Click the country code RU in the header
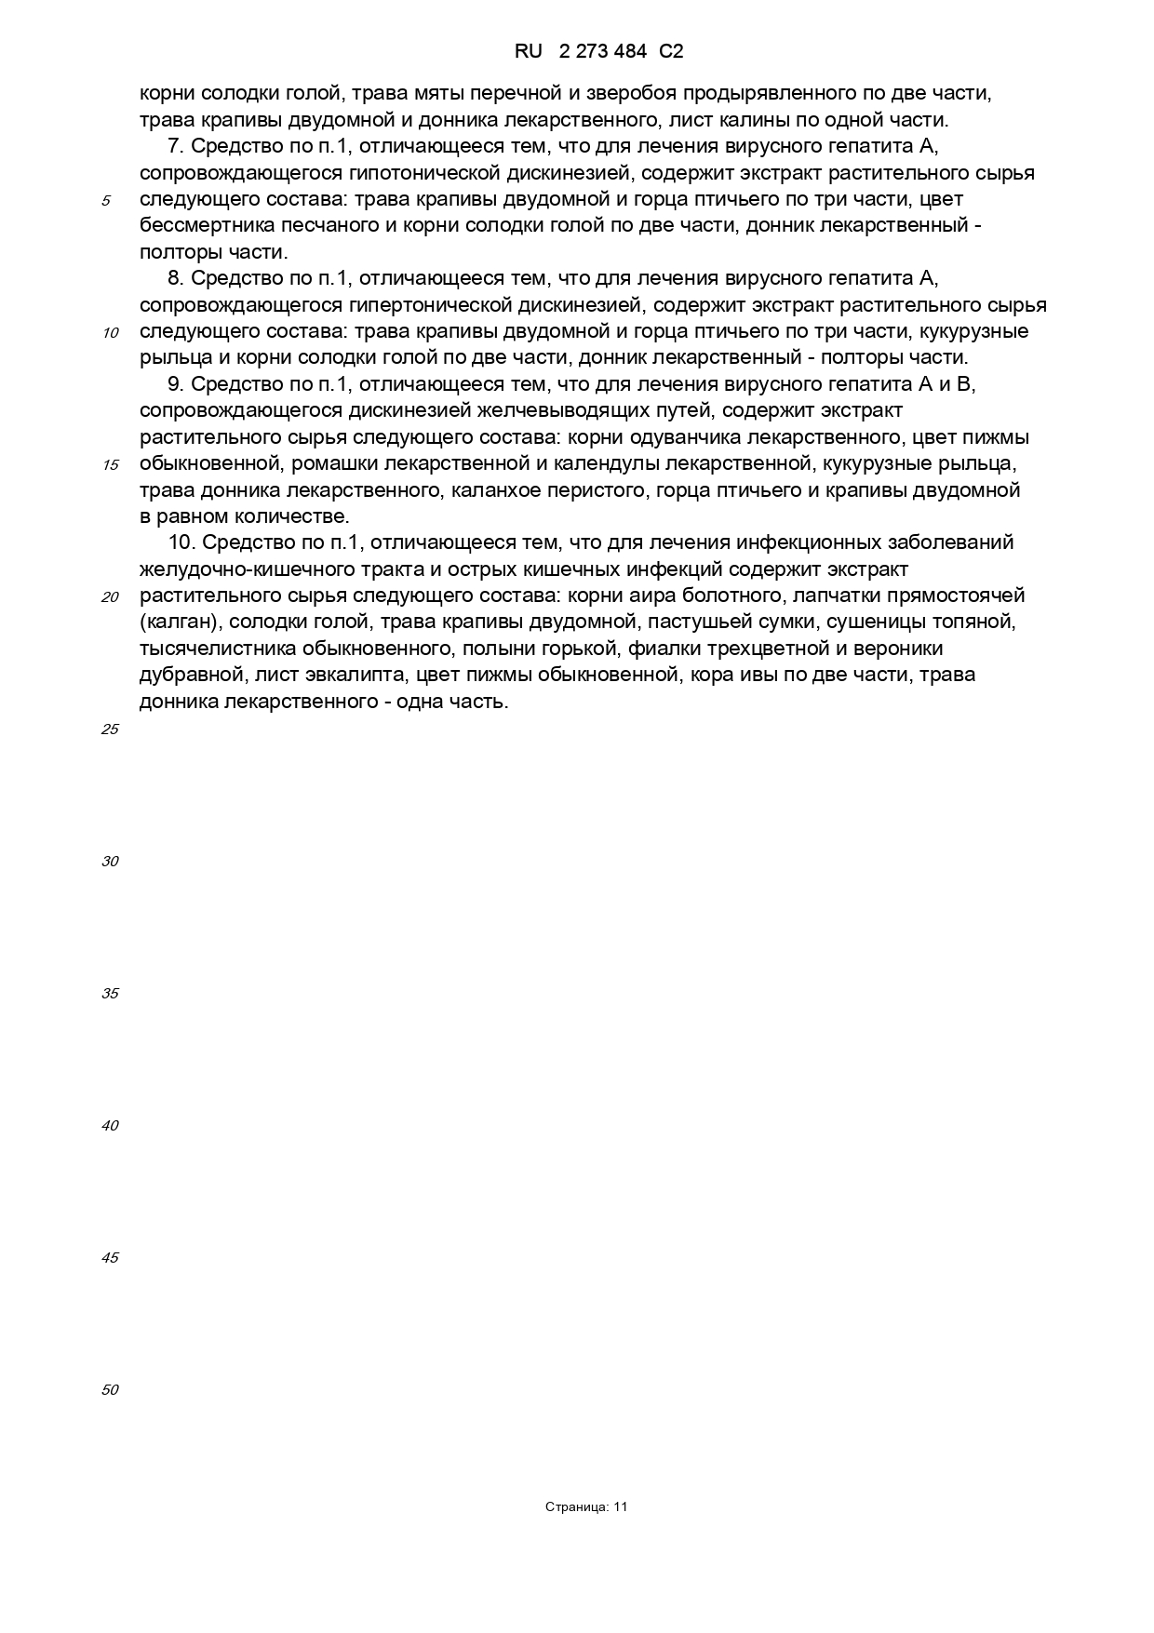click(x=529, y=52)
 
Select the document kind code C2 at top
click(x=671, y=52)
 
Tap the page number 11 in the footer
click(x=621, y=1507)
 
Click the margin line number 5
click(x=107, y=201)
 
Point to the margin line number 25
click(x=110, y=729)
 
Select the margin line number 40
click(x=110, y=1126)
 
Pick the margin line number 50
click(x=110, y=1390)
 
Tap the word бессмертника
click(x=197, y=225)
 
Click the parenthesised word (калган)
click(x=178, y=622)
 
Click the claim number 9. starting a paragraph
click(x=176, y=384)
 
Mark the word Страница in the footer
click(x=577, y=1507)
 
